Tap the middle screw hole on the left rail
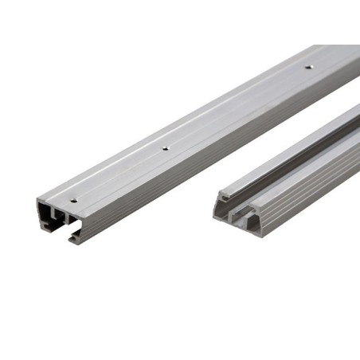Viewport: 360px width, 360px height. (165, 147)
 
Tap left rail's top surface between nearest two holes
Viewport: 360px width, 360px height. (119, 174)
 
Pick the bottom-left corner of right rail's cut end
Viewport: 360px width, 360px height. (213, 220)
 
